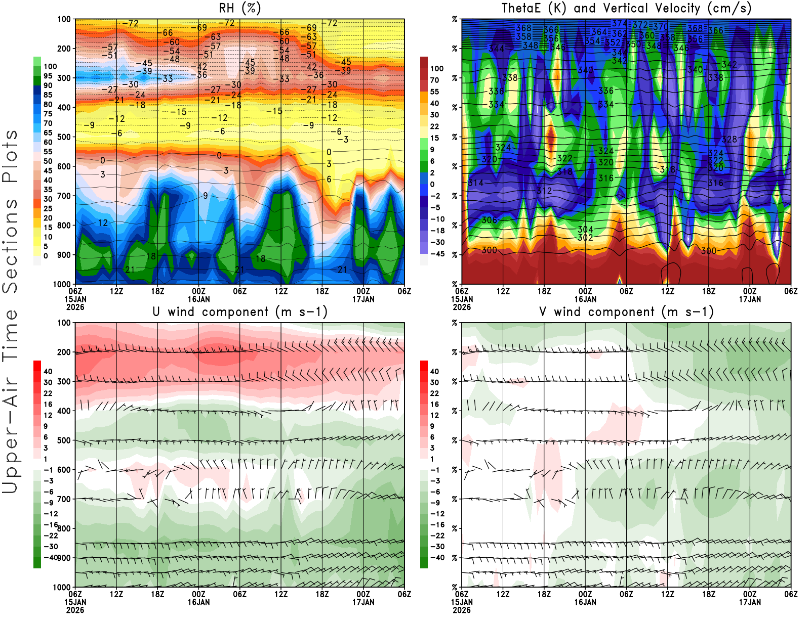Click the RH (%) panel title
[239, 8]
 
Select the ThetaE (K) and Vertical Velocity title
[626, 8]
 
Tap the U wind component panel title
[239, 311]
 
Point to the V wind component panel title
[626, 311]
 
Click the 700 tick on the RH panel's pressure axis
[64, 196]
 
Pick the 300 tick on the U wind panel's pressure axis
[64, 381]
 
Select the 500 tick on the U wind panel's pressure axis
[64, 440]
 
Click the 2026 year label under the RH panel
[75, 307]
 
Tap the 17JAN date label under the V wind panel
[750, 602]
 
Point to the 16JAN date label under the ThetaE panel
[585, 299]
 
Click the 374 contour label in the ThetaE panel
[620, 23]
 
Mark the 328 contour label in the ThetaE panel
[730, 139]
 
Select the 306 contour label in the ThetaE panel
[489, 220]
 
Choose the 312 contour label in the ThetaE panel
[544, 191]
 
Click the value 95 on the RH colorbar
[48, 76]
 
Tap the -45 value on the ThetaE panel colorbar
[437, 254]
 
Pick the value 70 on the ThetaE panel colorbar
[434, 80]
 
